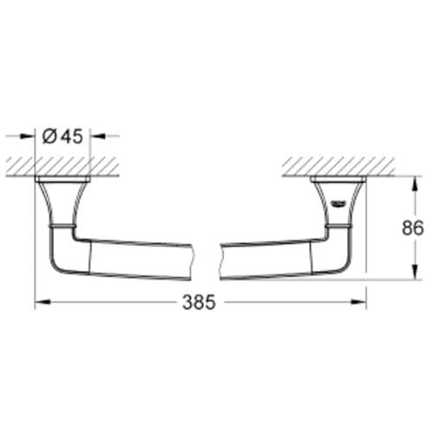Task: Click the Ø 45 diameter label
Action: pyautogui.click(x=62, y=136)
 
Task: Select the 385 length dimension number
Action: pyautogui.click(x=199, y=302)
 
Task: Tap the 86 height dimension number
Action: pyautogui.click(x=413, y=228)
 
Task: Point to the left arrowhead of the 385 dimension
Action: pyautogui.click(x=42, y=302)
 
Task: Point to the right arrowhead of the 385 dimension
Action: pyautogui.click(x=359, y=302)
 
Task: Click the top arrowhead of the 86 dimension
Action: pyautogui.click(x=415, y=184)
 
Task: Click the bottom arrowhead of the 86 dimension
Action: pyautogui.click(x=415, y=272)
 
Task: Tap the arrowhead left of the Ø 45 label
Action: pyautogui.click(x=27, y=136)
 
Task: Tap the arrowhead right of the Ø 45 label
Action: pyautogui.click(x=98, y=136)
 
